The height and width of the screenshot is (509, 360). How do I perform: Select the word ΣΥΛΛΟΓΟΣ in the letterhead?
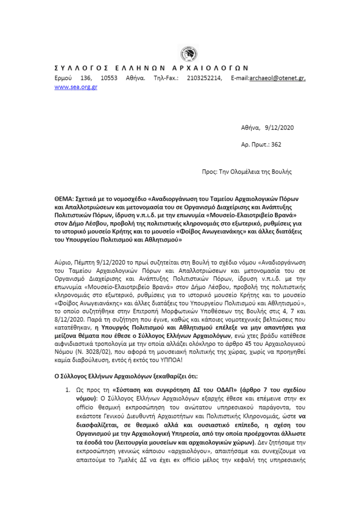(x=79, y=68)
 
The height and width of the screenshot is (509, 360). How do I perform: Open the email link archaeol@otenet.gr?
(x=278, y=78)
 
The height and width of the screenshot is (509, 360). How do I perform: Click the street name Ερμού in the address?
(x=63, y=78)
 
